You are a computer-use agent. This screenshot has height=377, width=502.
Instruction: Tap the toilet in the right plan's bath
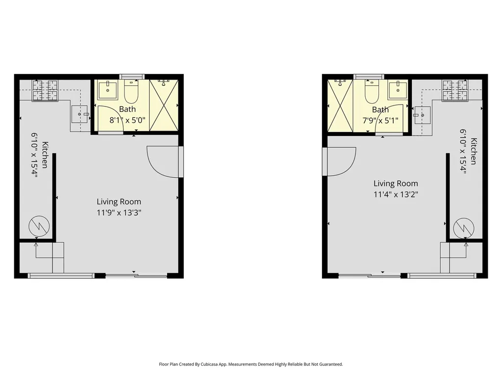372,91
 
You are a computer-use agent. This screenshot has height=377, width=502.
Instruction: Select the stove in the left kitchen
45,91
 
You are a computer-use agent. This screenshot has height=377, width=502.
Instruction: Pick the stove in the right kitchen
455,91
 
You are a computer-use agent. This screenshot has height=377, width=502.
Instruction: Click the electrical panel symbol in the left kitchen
39,227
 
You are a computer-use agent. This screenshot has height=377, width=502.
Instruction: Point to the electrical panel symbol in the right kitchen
464,228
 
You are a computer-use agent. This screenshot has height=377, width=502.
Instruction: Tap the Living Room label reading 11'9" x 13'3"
119,207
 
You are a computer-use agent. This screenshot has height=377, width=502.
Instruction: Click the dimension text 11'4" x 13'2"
396,194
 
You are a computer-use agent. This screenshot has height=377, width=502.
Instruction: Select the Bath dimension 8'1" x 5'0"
127,121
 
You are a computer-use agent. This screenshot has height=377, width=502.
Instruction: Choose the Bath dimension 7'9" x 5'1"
380,121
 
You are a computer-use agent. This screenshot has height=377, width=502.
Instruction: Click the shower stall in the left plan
164,105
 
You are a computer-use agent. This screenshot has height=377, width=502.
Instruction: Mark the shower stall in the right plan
340,106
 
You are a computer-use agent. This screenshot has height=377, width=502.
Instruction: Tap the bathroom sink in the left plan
107,90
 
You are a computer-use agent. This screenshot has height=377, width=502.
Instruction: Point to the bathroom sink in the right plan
398,90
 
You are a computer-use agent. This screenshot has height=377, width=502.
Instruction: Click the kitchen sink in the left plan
79,114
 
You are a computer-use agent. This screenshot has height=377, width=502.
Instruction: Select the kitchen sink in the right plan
422,115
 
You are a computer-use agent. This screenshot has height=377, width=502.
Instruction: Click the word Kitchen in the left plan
45,155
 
